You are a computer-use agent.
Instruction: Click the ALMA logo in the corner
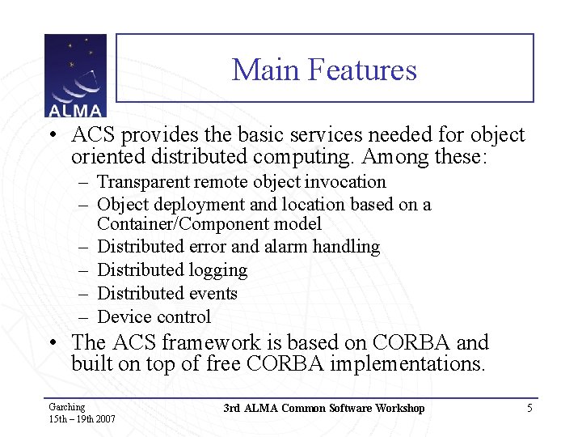coord(75,76)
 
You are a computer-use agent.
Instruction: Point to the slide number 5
coord(529,408)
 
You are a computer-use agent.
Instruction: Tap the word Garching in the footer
coord(66,407)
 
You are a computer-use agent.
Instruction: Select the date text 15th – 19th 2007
coord(82,419)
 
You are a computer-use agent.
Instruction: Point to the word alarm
coord(290,247)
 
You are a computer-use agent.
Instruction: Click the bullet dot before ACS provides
coord(51,135)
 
